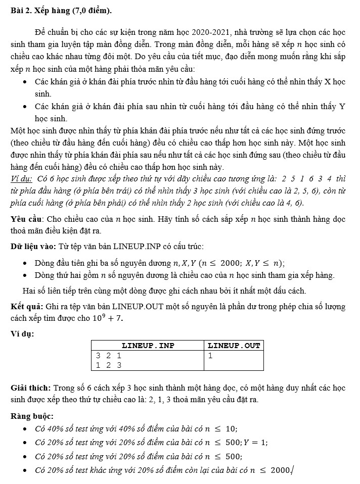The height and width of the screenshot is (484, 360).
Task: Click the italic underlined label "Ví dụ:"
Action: click(x=21, y=179)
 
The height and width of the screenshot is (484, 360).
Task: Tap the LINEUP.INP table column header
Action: click(x=148, y=346)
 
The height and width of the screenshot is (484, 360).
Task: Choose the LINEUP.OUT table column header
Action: click(x=234, y=346)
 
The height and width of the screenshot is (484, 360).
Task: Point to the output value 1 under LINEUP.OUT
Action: click(x=210, y=356)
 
